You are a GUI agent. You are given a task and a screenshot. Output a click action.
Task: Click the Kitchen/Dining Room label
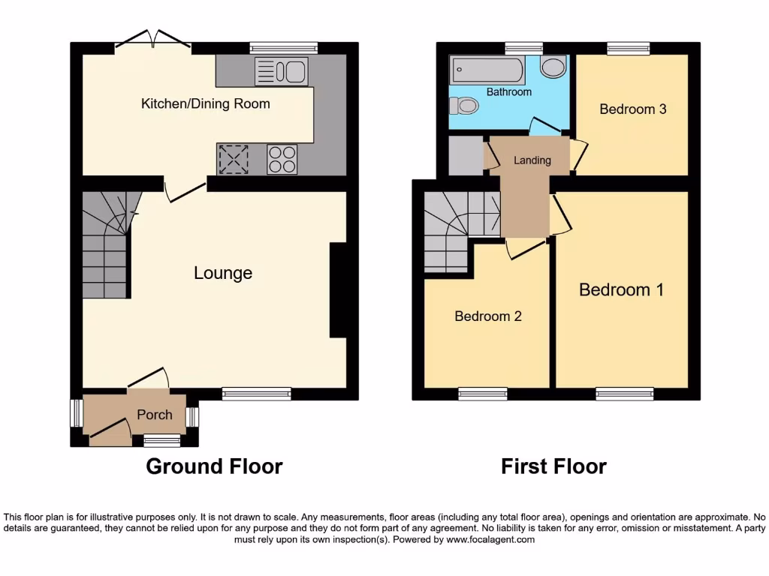[x=205, y=103]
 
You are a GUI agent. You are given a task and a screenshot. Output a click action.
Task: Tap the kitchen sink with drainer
[x=281, y=72]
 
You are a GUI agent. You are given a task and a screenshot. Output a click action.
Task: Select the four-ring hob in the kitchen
[x=282, y=159]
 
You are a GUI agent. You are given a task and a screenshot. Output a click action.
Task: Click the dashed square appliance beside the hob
[x=233, y=159]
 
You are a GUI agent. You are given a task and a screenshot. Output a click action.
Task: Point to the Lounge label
[x=223, y=273]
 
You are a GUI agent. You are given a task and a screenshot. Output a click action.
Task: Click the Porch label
[x=154, y=415]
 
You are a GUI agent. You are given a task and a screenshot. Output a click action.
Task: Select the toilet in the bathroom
[x=467, y=106]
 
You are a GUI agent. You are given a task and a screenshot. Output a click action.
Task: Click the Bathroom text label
[x=508, y=92]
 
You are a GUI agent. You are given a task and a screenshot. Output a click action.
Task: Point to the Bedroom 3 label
[x=632, y=109]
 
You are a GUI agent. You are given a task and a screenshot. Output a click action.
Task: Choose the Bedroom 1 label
[x=621, y=289]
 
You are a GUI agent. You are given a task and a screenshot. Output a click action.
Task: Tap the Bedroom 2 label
[x=487, y=316]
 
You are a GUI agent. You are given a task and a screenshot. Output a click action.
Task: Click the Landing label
[x=532, y=160]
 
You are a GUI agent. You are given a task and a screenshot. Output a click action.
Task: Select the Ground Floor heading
[x=214, y=466]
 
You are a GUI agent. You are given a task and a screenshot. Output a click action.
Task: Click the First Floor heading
[x=553, y=466]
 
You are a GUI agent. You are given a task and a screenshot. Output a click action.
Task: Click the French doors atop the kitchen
[x=153, y=41]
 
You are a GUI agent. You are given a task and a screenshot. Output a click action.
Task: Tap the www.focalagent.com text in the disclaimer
[x=490, y=539]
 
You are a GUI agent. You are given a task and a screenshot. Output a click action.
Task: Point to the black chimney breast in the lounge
[x=338, y=290]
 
